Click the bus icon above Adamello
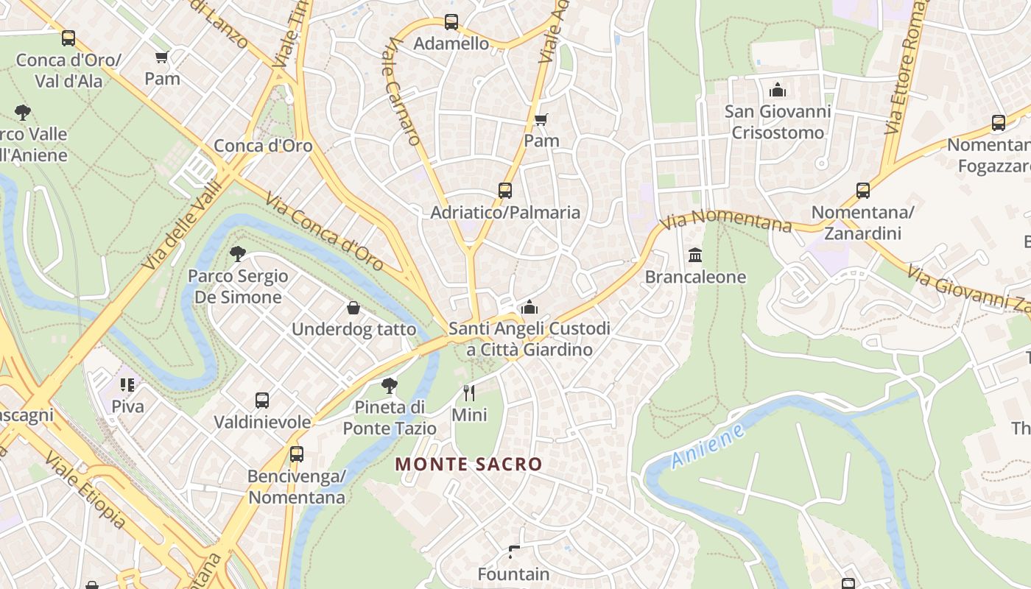tap(451, 22)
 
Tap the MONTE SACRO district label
tap(468, 465)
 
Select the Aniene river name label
tap(708, 445)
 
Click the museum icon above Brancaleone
tap(695, 255)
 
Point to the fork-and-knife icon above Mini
tap(469, 393)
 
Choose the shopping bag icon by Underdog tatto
tap(353, 308)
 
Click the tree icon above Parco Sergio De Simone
tap(237, 254)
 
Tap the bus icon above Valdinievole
tap(262, 401)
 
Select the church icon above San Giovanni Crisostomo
tap(777, 90)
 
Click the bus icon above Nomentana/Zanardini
tap(863, 191)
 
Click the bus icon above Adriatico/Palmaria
tap(505, 191)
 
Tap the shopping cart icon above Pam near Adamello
tap(541, 119)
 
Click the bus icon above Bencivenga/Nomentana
tap(297, 454)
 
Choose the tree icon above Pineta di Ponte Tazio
tap(390, 385)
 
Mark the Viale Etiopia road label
tap(85, 490)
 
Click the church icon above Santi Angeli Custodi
tap(529, 307)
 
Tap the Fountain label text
tap(513, 574)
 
